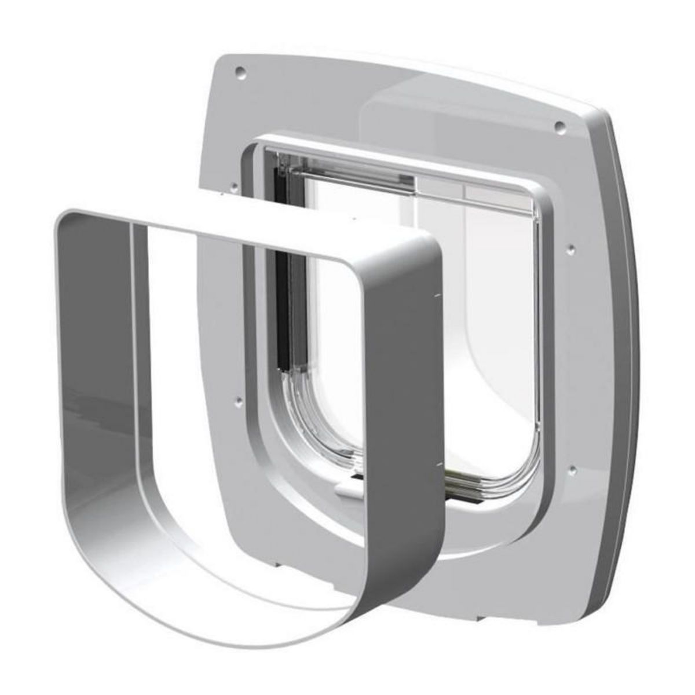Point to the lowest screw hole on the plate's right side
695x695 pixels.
click(571, 467)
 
